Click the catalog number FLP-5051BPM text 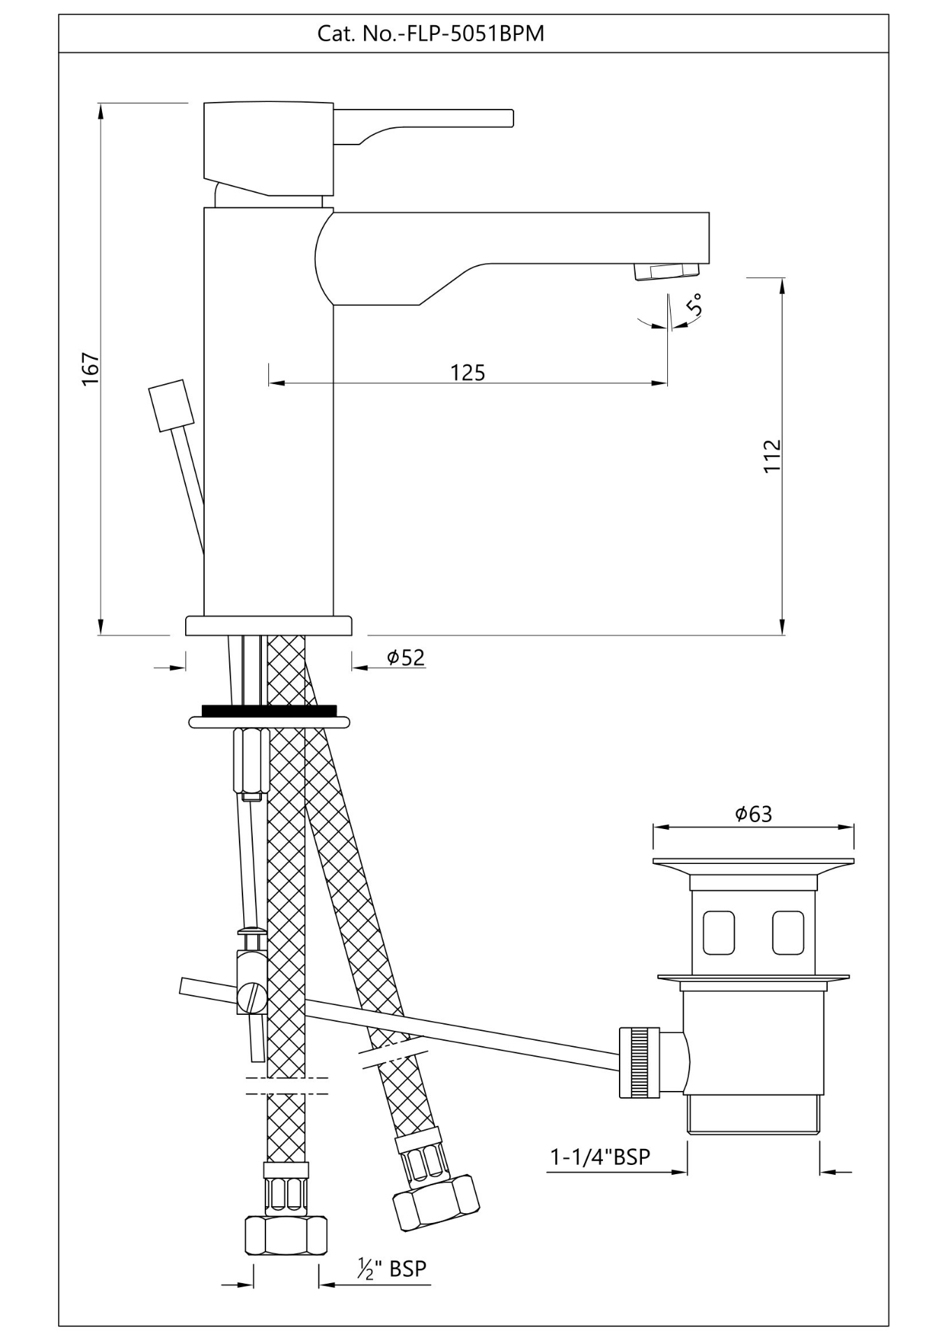(430, 34)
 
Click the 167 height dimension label (92, 369)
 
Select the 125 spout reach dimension (467, 372)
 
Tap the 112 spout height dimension (771, 455)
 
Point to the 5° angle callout (694, 305)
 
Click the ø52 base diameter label (406, 657)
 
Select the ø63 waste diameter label (753, 814)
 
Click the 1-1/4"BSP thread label (600, 1157)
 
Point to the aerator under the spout (666, 271)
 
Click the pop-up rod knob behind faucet (171, 405)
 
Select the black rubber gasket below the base (268, 711)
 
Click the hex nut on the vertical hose (286, 1236)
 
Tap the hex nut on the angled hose (436, 1203)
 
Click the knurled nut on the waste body (639, 1062)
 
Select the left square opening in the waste (718, 932)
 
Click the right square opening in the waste (787, 932)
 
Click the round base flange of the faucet (268, 625)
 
